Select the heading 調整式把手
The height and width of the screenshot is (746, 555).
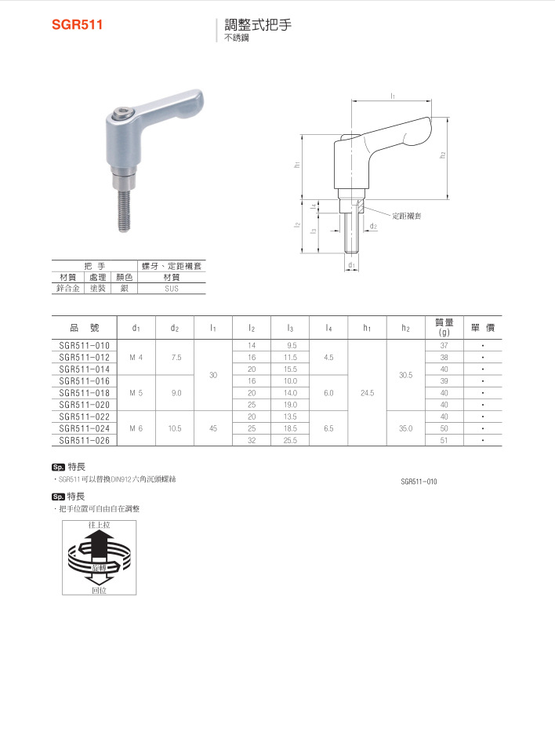coord(258,24)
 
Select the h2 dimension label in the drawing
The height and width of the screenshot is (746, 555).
coord(443,154)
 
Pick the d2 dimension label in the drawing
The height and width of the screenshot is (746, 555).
coord(373,227)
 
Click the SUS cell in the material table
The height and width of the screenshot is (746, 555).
coord(172,289)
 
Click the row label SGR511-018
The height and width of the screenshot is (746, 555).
coord(85,392)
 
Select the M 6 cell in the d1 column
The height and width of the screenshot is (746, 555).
coord(136,428)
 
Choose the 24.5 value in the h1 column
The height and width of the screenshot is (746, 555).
coord(367,392)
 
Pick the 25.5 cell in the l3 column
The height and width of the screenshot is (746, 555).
coord(291,441)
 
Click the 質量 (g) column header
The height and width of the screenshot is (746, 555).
coord(444,327)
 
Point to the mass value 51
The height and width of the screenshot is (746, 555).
coord(444,441)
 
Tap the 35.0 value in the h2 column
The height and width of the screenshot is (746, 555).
coord(405,428)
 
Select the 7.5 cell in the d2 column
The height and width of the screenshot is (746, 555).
coord(176,357)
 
